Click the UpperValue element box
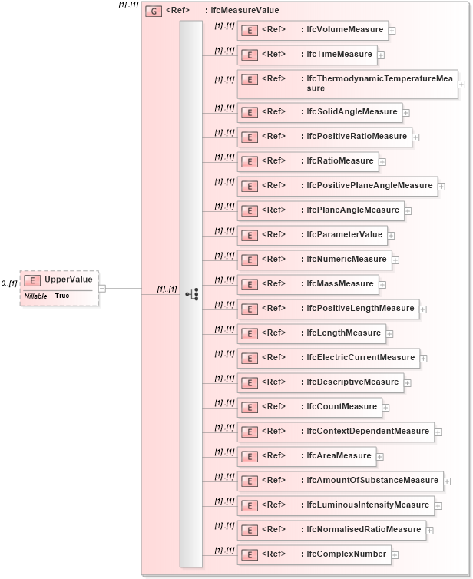pyautogui.click(x=59, y=280)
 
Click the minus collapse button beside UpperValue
pyautogui.click(x=102, y=289)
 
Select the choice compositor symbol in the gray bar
pyautogui.click(x=191, y=294)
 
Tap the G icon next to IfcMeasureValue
pyautogui.click(x=153, y=12)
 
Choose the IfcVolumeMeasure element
pyautogui.click(x=312, y=30)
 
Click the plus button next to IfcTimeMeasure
pyautogui.click(x=381, y=55)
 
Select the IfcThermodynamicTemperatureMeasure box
pyautogui.click(x=347, y=83)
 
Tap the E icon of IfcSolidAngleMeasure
pyautogui.click(x=248, y=112)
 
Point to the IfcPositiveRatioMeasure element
pyautogui.click(x=323, y=137)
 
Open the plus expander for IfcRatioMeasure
pyautogui.click(x=382, y=162)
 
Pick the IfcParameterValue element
pyautogui.click(x=311, y=235)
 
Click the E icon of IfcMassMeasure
pyautogui.click(x=248, y=284)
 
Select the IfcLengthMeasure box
pyautogui.click(x=311, y=333)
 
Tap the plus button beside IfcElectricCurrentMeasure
pyautogui.click(x=423, y=358)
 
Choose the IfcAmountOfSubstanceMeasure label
pyautogui.click(x=372, y=480)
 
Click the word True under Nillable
pyautogui.click(x=62, y=296)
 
